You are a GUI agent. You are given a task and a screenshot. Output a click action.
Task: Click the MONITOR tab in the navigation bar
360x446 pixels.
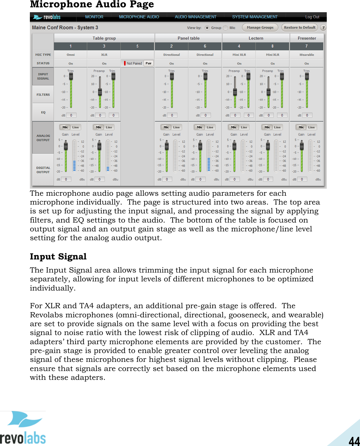[94, 17]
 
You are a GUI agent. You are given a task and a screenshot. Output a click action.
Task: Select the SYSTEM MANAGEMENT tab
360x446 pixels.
[255, 17]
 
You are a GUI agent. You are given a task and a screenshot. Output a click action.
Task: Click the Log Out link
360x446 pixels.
[312, 17]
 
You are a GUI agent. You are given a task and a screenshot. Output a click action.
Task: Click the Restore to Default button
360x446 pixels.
[299, 27]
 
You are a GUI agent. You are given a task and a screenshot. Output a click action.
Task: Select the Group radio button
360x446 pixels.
[207, 28]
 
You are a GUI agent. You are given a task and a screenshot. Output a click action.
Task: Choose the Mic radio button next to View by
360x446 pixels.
[226, 28]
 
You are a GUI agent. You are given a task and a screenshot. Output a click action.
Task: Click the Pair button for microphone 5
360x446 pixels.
[148, 63]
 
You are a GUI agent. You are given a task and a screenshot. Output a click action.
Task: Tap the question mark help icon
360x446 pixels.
[323, 27]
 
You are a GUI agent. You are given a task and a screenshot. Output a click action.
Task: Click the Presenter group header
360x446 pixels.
[307, 38]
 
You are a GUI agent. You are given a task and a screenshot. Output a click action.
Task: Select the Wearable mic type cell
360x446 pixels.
[307, 55]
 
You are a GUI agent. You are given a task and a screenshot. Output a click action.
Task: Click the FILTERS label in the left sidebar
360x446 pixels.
[43, 95]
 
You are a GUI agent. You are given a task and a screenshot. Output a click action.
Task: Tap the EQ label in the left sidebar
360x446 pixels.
[43, 112]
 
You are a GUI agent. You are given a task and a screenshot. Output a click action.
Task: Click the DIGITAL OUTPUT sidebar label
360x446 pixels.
[43, 170]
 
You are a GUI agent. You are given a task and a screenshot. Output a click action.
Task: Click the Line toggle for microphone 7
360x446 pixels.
[311, 127]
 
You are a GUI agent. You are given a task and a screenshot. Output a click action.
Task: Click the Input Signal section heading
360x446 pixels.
[58, 257]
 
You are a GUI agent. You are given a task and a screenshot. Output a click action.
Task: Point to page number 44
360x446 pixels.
[354, 441]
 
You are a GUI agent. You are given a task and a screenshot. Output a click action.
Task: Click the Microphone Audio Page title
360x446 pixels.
[92, 5]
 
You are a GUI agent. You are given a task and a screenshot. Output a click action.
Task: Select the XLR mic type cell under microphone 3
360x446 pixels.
[104, 55]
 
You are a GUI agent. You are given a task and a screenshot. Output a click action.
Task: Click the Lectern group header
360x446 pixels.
[256, 38]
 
